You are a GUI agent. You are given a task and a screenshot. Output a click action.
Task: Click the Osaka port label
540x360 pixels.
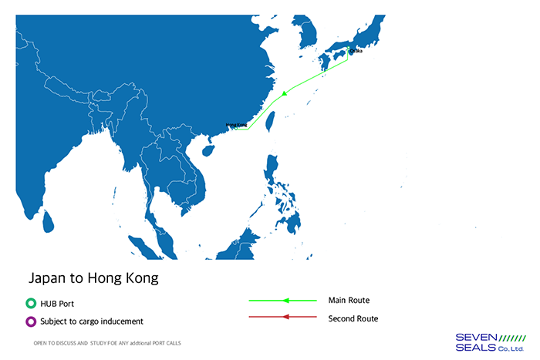point(356,51)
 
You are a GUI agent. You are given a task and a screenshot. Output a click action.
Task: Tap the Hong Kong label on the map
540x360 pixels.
point(236,124)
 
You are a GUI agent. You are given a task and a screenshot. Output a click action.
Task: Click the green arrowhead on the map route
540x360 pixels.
point(285,93)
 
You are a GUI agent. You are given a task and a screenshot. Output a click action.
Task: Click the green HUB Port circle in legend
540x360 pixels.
point(30,304)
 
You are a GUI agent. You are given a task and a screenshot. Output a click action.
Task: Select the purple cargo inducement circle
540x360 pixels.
point(30,321)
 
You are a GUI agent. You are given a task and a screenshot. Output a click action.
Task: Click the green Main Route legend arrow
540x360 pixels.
point(282,300)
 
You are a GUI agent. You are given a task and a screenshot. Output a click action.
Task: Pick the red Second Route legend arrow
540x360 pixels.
point(282,317)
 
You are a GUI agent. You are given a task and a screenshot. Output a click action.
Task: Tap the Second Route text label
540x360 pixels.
point(353,318)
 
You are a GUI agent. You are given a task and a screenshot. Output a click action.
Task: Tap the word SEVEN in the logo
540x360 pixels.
point(477,337)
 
